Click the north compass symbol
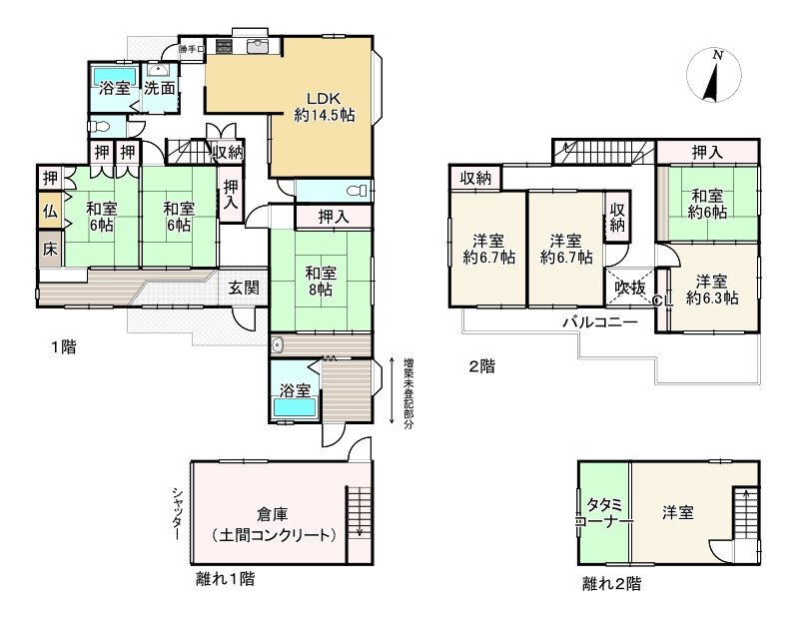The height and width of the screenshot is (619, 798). (713, 74)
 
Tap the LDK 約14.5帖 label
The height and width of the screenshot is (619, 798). (325, 106)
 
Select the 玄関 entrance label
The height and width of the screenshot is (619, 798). (244, 288)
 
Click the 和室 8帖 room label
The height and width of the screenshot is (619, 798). (321, 282)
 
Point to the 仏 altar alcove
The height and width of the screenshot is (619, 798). (50, 210)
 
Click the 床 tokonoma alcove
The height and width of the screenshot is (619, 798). (50, 250)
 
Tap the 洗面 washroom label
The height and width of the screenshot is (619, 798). (159, 88)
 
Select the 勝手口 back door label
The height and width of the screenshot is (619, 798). (192, 49)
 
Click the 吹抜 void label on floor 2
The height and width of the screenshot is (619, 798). (630, 288)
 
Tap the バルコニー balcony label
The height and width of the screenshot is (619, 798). (600, 321)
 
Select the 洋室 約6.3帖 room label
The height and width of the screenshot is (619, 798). (712, 290)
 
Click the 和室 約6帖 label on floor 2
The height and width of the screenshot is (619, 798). (707, 204)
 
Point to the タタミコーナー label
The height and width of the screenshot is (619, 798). (604, 513)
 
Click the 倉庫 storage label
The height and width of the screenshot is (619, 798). (273, 515)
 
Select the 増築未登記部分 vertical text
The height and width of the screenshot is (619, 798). (408, 393)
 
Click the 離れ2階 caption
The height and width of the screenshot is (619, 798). (611, 583)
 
